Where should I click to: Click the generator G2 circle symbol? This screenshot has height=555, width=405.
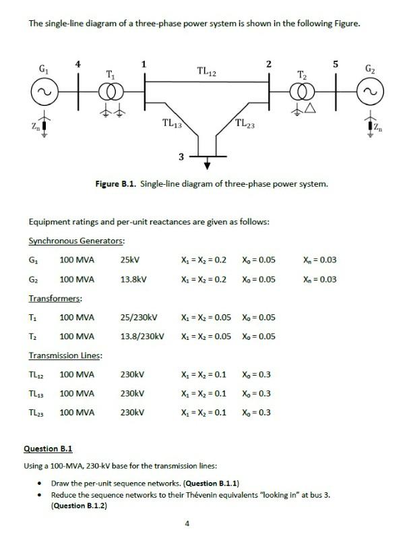[x=370, y=89]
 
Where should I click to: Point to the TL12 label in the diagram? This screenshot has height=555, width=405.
[x=206, y=71]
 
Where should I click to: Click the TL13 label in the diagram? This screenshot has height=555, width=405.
[x=173, y=123]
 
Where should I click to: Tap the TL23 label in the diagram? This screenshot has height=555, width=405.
[x=245, y=123]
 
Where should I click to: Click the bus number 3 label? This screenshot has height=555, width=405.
[x=181, y=157]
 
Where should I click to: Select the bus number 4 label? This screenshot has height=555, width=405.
[x=78, y=64]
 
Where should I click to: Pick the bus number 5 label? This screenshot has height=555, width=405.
[x=335, y=64]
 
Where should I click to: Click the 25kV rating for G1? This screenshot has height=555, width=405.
[x=130, y=260]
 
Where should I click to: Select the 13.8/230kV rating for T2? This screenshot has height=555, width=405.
[x=142, y=336]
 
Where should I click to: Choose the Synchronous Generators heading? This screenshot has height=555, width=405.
[x=76, y=241]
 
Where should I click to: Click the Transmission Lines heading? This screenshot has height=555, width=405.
[x=65, y=355]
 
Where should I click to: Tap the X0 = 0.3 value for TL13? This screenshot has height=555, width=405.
[x=255, y=393]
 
